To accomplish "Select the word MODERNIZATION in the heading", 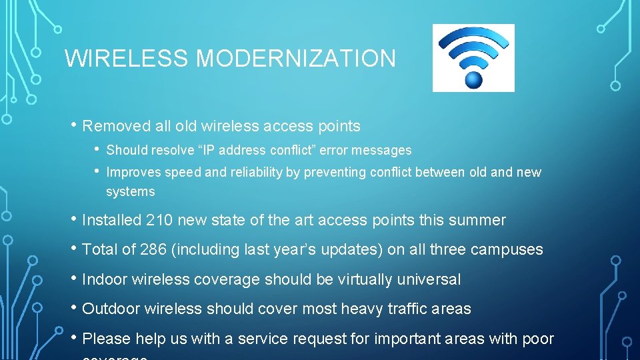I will [x=295, y=59].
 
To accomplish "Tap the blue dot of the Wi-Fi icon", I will [x=473, y=80].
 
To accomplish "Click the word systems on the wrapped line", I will [x=130, y=192].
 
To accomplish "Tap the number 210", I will [x=158, y=221].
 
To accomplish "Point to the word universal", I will [x=429, y=280].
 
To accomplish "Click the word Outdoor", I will [x=110, y=309].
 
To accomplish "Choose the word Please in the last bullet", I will [x=105, y=339].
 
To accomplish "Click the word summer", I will [x=479, y=221].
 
